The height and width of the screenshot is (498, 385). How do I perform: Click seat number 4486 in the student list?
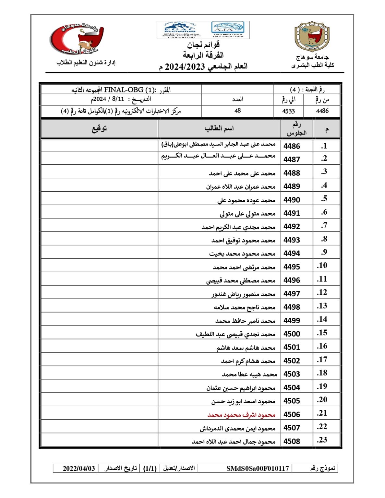pyautogui.click(x=292, y=146)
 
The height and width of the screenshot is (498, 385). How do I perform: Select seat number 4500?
pyautogui.click(x=292, y=334)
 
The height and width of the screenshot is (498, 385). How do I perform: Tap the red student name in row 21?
pyautogui.click(x=241, y=415)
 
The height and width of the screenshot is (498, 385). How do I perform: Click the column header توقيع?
pyautogui.click(x=99, y=129)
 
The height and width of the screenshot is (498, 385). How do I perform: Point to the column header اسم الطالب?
pyautogui.click(x=219, y=129)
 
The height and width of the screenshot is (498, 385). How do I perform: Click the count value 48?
pyautogui.click(x=237, y=111)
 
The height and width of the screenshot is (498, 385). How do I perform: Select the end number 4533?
pyautogui.click(x=288, y=111)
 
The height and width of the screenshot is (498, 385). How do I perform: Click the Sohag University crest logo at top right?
pyautogui.click(x=312, y=37)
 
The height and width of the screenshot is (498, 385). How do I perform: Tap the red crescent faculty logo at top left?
pyautogui.click(x=77, y=38)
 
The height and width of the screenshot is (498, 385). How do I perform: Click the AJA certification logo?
pyautogui.click(x=228, y=30)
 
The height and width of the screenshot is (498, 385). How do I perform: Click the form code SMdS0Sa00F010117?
pyautogui.click(x=258, y=468)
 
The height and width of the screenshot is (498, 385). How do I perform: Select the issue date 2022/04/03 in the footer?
pyautogui.click(x=79, y=468)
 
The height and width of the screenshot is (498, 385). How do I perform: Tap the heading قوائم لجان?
pyautogui.click(x=203, y=44)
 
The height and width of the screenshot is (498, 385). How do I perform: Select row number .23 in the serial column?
pyautogui.click(x=322, y=440)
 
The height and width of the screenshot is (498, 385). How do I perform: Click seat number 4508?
pyautogui.click(x=292, y=441)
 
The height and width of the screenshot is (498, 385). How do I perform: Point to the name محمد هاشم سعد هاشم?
pyautogui.click(x=246, y=348)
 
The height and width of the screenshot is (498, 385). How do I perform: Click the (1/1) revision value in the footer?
pyautogui.click(x=150, y=468)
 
